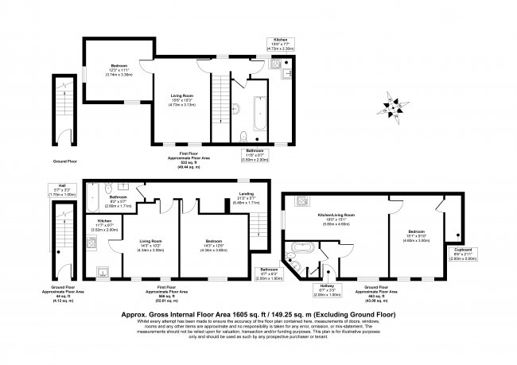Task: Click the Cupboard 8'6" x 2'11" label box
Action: (465, 254)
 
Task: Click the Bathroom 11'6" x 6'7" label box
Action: (255, 153)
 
